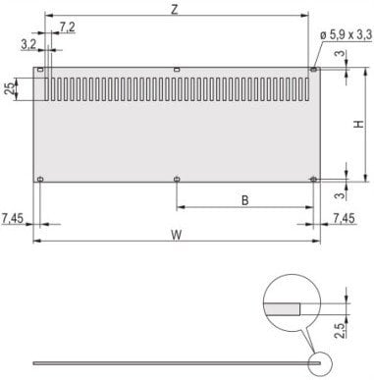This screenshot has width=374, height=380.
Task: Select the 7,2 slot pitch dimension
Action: coord(67,27)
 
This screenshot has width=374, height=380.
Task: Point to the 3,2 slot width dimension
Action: coord(28,44)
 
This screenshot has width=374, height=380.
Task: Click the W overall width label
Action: coord(175,234)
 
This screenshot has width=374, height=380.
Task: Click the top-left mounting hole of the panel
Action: coord(39,71)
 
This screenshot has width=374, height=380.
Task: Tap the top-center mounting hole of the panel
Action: coord(175,70)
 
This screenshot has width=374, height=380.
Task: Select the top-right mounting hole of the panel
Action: coord(312,70)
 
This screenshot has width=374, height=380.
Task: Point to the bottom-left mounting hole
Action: coord(39,179)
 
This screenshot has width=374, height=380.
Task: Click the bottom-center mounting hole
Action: coord(175,179)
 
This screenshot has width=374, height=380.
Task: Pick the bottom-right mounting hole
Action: coord(312,179)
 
